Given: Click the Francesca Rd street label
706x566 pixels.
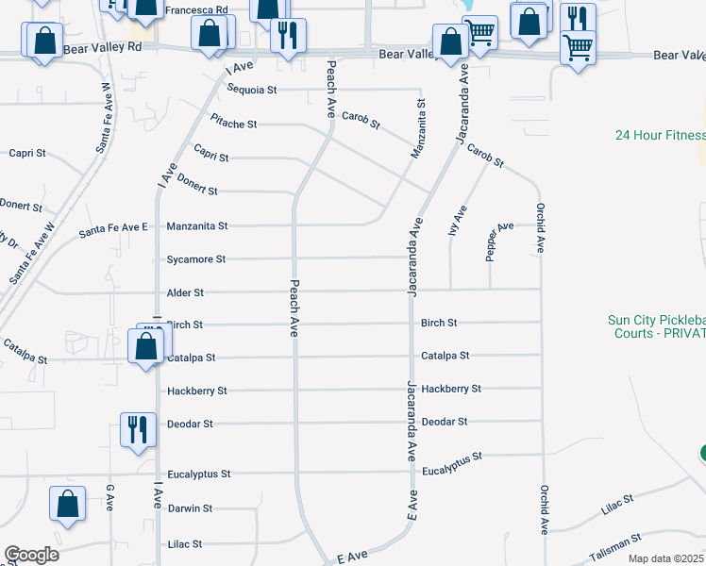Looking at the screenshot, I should (x=196, y=9).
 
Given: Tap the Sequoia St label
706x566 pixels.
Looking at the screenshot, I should (x=252, y=90).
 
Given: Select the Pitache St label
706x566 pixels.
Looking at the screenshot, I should (x=233, y=124).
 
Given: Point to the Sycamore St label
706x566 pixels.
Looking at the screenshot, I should (x=196, y=258).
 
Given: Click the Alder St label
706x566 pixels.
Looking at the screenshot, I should (x=185, y=293).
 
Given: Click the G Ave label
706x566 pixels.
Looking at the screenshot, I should (x=109, y=494).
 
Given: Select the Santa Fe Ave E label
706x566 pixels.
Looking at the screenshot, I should (x=114, y=227).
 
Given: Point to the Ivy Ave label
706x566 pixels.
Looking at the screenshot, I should (x=460, y=222).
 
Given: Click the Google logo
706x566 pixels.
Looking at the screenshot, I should (x=31, y=555).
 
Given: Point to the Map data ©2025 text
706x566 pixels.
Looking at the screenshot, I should (x=665, y=558).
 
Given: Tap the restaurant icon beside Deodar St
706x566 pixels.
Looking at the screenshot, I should (x=138, y=429).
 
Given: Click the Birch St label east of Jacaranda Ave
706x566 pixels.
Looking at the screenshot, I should (x=439, y=323).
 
